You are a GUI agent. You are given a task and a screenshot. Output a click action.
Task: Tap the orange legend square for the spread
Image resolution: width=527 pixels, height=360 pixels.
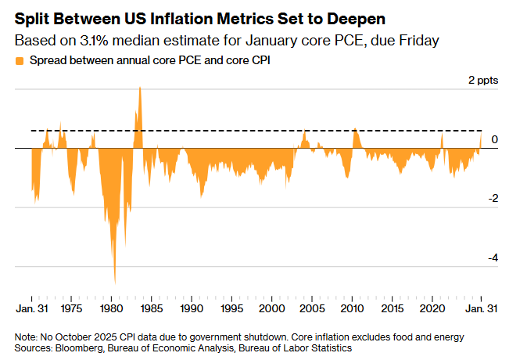[x=19, y=59]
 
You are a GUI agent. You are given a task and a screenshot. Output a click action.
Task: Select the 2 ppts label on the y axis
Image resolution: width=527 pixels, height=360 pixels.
[x=483, y=81]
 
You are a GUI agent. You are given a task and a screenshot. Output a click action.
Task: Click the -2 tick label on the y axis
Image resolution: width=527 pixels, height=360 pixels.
[x=492, y=199]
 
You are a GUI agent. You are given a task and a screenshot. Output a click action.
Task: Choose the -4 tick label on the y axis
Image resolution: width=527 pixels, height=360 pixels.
[x=492, y=257]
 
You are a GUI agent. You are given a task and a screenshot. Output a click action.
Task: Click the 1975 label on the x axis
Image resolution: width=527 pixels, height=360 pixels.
[x=71, y=309]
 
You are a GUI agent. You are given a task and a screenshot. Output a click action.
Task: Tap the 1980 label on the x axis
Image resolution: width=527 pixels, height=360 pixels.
[x=111, y=309]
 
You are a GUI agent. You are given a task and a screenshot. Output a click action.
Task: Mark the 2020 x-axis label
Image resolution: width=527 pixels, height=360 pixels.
[x=433, y=309]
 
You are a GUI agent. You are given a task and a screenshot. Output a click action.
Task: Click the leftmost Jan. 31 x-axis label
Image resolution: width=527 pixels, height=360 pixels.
[x=31, y=309]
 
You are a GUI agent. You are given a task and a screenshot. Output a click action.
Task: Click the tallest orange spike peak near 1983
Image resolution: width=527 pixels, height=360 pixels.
[x=139, y=88]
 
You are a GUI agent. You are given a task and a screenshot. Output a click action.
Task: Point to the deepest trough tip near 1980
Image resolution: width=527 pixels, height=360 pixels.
[x=115, y=283]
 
